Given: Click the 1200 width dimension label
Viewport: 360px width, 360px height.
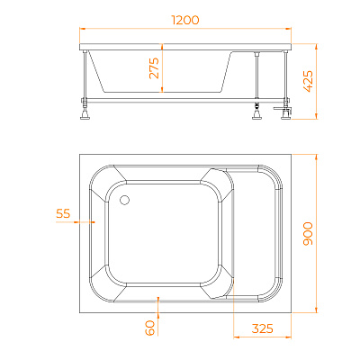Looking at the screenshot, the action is point(185,20).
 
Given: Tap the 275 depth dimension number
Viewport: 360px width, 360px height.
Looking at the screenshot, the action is point(155,67).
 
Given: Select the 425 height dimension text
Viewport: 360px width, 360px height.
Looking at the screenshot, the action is point(308,81).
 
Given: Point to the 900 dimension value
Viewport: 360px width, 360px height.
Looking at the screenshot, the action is point(308,234).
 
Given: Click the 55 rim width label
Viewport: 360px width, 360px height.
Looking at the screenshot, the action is point(63,213).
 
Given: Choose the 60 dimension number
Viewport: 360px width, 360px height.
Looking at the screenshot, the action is point(149,328).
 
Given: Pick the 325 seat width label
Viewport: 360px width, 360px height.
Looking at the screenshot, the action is point(263,328).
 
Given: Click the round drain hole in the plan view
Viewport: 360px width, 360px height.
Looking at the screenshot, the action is point(124,200).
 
